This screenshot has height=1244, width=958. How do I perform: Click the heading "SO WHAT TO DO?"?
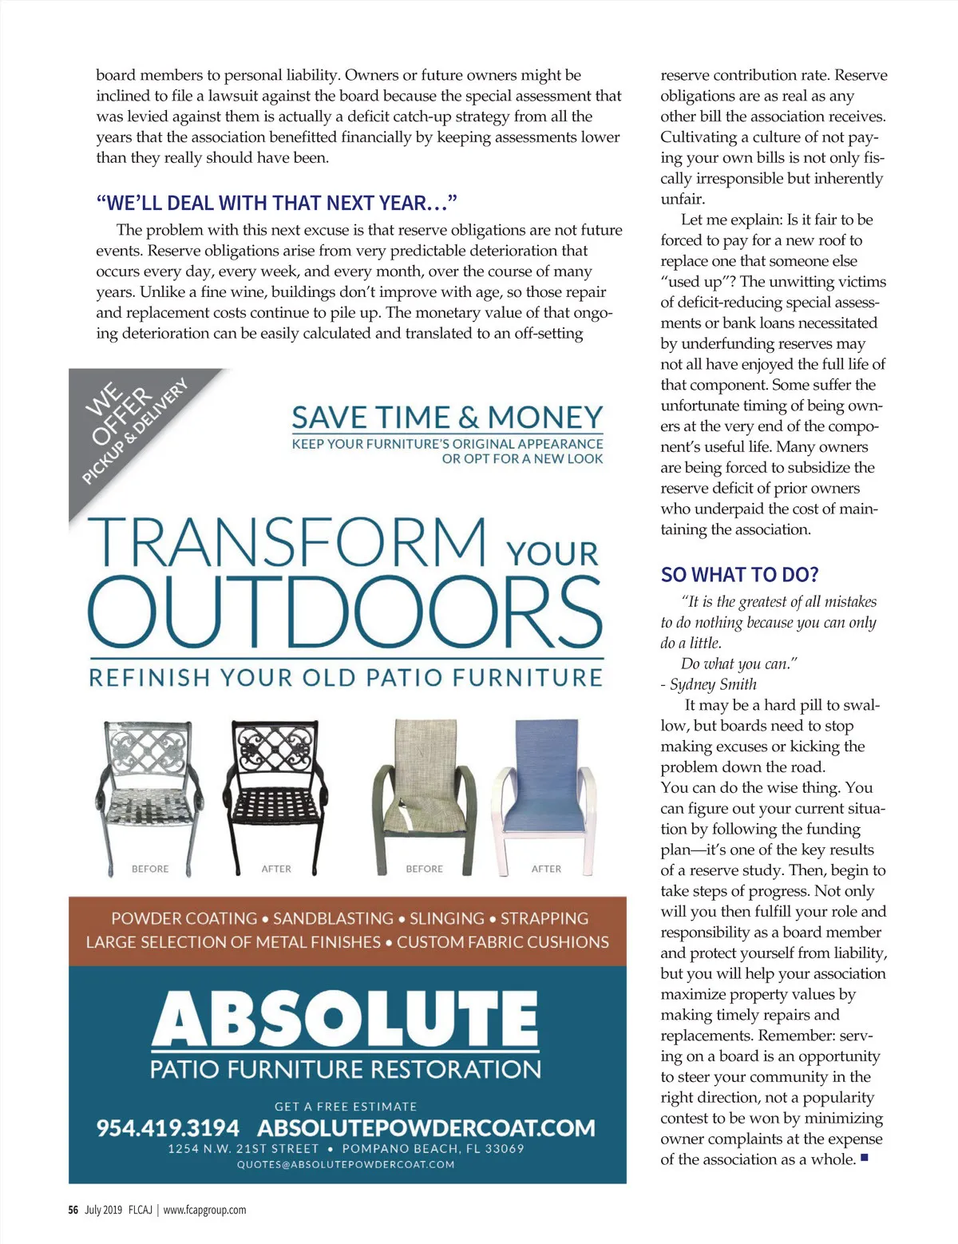(x=739, y=575)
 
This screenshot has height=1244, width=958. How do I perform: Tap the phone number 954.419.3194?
(x=168, y=1127)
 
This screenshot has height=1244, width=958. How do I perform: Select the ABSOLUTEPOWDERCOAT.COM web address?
(x=426, y=1127)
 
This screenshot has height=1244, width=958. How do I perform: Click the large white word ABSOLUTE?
(x=346, y=1017)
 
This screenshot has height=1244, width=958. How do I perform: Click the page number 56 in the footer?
(x=73, y=1210)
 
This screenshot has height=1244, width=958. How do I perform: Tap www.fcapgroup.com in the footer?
(x=204, y=1210)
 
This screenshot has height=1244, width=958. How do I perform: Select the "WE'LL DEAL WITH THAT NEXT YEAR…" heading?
(x=276, y=203)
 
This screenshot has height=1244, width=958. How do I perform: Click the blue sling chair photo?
(x=543, y=790)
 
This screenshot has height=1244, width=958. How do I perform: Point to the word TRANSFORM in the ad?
(x=287, y=542)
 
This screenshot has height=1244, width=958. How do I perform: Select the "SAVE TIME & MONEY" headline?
(x=447, y=418)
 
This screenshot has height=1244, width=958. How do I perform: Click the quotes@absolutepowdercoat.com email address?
(x=346, y=1164)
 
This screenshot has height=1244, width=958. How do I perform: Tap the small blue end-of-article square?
(x=864, y=1157)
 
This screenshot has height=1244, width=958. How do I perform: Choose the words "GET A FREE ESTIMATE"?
(x=346, y=1107)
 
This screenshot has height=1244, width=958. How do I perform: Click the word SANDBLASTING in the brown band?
(x=334, y=919)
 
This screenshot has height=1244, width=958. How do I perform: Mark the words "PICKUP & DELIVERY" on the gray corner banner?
(x=136, y=431)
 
